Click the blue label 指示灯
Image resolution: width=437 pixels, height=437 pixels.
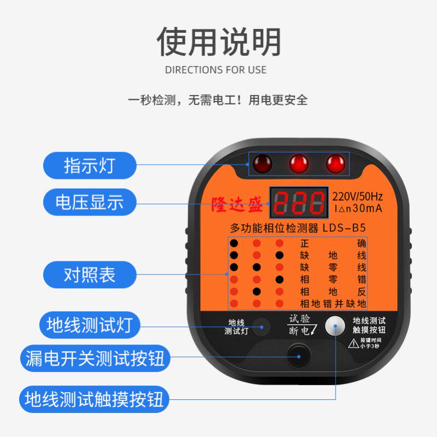point(90,165)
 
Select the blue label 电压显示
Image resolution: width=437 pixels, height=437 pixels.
point(90,203)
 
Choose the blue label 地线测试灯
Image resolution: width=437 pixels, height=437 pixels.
point(90,325)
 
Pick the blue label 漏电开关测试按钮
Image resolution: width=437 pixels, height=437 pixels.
point(95,359)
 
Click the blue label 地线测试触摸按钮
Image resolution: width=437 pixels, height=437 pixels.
point(95,399)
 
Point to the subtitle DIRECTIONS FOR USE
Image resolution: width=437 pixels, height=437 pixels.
point(215,70)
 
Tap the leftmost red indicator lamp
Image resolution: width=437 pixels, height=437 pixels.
point(263,163)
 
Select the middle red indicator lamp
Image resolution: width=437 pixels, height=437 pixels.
point(299,163)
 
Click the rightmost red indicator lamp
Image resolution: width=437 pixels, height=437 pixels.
point(336,163)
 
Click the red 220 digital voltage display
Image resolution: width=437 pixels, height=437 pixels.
point(298,202)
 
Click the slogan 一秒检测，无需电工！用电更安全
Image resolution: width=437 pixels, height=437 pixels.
point(218,100)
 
